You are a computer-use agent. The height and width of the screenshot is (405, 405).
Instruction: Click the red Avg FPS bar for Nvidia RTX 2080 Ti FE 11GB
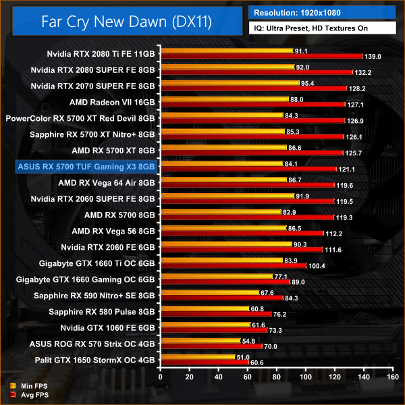(x=256, y=57)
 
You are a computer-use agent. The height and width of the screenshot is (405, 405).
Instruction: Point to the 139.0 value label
(x=372, y=57)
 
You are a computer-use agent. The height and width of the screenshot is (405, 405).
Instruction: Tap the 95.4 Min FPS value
(x=306, y=83)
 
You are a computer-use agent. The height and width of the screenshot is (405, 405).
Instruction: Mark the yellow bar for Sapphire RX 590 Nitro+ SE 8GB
(x=209, y=292)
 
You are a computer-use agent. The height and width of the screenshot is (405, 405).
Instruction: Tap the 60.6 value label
(x=256, y=363)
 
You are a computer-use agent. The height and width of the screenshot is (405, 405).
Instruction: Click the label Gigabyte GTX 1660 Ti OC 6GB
(x=94, y=262)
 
